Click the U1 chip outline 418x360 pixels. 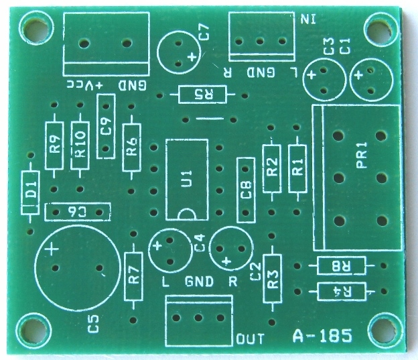(x=187, y=179)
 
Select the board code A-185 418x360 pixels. (x=322, y=336)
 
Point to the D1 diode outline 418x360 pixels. (x=31, y=192)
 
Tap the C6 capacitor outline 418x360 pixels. (x=77, y=212)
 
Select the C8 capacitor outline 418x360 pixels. (x=246, y=190)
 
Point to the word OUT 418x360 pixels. (x=251, y=339)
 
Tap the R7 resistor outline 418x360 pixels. (x=133, y=276)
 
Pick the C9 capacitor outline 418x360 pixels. (x=106, y=126)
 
